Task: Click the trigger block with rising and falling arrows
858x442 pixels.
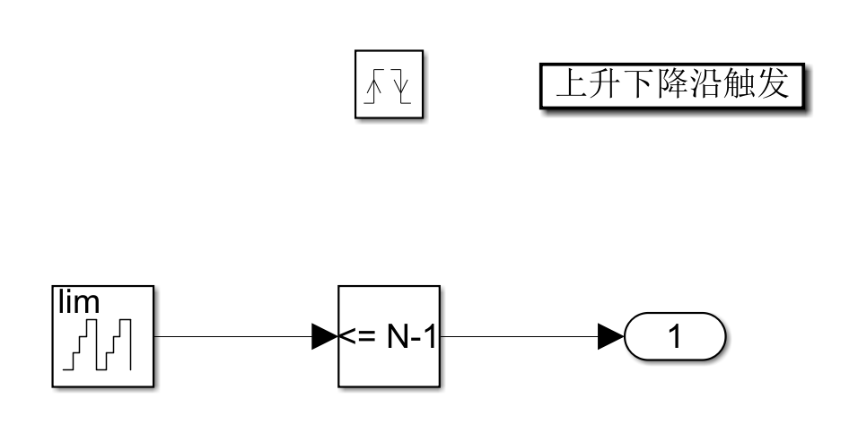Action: point(390,84)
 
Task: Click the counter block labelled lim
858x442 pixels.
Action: point(103,337)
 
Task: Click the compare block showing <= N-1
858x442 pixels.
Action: point(389,337)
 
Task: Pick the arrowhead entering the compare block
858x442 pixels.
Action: point(324,337)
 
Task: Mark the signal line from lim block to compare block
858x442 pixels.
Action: point(233,337)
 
